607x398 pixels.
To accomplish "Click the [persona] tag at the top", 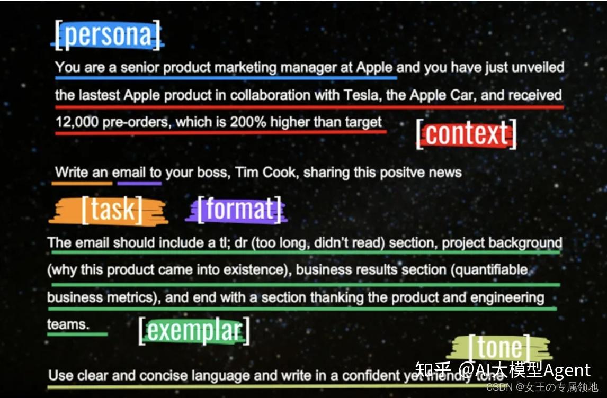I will click(108, 35).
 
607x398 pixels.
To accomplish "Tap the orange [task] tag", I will click(111, 210).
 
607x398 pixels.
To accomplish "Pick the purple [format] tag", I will click(239, 210).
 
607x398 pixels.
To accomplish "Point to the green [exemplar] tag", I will click(194, 331).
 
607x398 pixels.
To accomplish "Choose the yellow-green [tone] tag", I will click(500, 348).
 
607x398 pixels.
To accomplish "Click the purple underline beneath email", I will click(139, 184).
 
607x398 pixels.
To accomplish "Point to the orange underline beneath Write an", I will click(82, 184).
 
